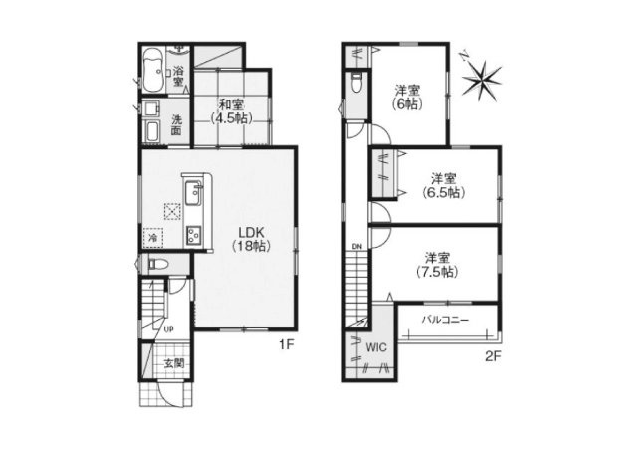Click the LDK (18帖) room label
(252, 239)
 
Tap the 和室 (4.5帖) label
(231, 111)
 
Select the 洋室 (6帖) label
(407, 97)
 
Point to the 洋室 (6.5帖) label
(443, 185)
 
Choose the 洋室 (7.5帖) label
(437, 265)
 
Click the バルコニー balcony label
(445, 320)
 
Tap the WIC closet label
(376, 347)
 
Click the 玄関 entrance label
(173, 363)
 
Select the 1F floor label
(286, 345)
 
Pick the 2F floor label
(494, 356)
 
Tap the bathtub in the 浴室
(153, 70)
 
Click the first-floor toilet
(158, 265)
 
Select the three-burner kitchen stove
(193, 235)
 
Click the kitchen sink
(192, 195)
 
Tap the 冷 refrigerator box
(153, 237)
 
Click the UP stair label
(168, 329)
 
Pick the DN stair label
(356, 246)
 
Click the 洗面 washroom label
(176, 125)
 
